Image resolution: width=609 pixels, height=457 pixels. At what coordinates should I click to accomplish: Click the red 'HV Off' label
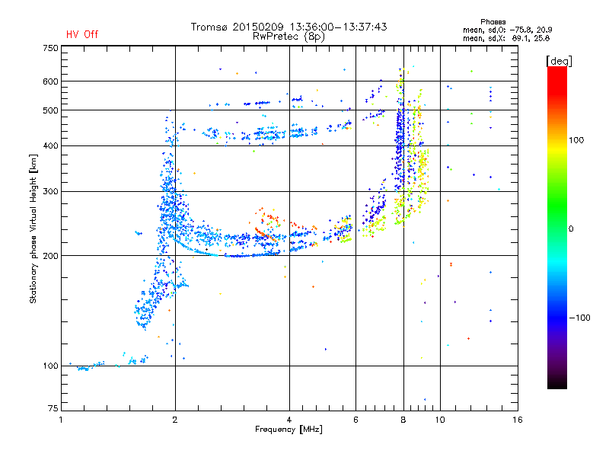81,34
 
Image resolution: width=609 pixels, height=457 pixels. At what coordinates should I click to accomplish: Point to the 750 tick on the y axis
50,48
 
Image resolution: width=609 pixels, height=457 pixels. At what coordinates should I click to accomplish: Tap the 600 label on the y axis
50,81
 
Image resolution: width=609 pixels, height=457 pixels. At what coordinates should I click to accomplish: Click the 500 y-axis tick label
50,110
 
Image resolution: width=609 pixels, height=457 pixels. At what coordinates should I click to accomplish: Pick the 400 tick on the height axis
50,145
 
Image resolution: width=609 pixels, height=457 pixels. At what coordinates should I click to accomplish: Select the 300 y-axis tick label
50,191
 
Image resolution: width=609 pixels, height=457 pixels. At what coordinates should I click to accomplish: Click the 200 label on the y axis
50,256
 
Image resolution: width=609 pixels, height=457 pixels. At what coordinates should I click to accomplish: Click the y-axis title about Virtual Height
33,228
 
